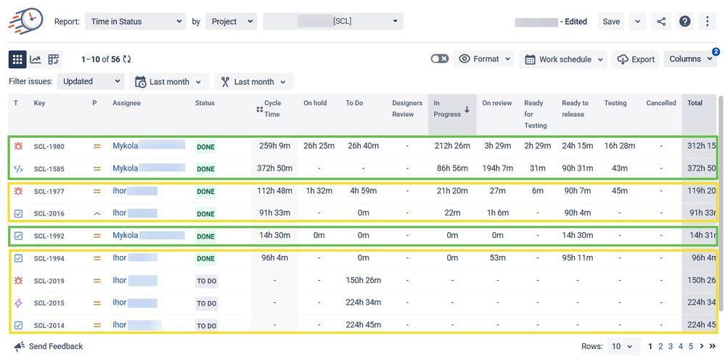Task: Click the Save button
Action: [x=611, y=22]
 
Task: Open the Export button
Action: [x=636, y=60]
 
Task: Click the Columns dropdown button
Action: [x=690, y=60]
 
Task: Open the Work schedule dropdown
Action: [x=563, y=60]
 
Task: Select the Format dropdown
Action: [x=485, y=60]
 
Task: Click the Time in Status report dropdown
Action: [x=136, y=22]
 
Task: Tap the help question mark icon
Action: [x=685, y=22]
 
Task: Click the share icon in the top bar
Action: [x=661, y=22]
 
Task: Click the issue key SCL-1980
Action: [x=49, y=147]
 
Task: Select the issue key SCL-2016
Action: [x=49, y=213]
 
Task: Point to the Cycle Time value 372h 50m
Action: [x=275, y=168]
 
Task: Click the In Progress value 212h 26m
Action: [x=451, y=146]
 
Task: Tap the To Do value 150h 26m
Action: [x=364, y=280]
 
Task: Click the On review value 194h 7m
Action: [x=498, y=168]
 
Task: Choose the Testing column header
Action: [x=615, y=103]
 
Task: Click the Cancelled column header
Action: [x=661, y=103]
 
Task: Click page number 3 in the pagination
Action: [x=671, y=347]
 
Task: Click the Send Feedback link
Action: [x=55, y=347]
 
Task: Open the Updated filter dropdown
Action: [x=91, y=82]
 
